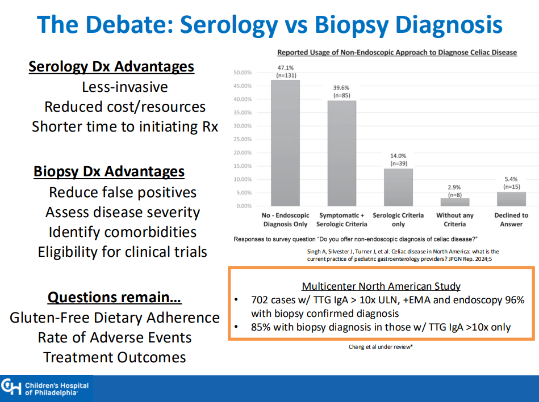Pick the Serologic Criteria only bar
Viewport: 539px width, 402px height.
398,187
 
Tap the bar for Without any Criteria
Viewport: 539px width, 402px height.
454,202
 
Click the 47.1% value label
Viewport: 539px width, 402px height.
285,67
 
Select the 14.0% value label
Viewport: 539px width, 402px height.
398,156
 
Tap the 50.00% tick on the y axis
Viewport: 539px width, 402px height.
243,73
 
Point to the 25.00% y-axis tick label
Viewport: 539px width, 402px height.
243,139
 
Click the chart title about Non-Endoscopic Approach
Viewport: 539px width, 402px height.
396,52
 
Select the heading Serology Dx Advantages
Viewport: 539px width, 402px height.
111,67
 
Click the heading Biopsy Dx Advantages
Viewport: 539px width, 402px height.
109,171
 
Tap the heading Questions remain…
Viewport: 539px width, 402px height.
114,297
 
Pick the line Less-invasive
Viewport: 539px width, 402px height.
125,87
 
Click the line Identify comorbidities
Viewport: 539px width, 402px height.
123,232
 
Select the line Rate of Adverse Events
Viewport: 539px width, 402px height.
115,337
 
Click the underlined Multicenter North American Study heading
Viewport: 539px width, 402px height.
381,286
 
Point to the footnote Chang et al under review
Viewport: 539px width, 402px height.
381,347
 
